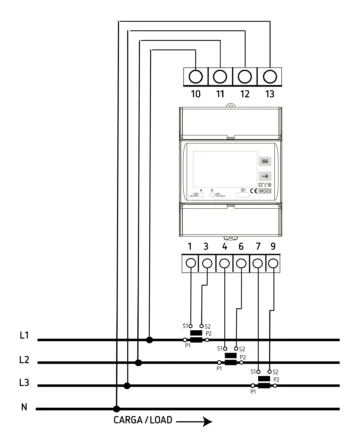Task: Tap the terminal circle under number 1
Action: coord(190,264)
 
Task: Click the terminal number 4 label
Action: coord(224,245)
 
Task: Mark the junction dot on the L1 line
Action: coord(150,339)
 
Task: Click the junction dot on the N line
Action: coord(117,408)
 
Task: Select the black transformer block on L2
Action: coord(230,355)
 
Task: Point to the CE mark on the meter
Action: coord(257,193)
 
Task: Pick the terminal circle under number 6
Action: coord(241,264)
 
